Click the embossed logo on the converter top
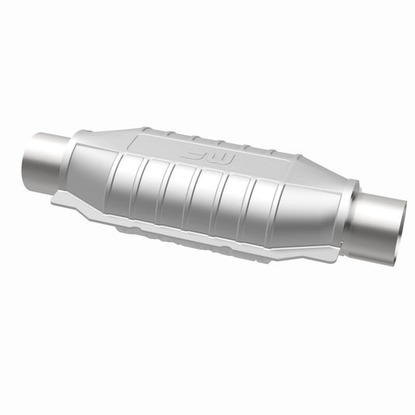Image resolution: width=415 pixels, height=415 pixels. pyautogui.click(x=206, y=157)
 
